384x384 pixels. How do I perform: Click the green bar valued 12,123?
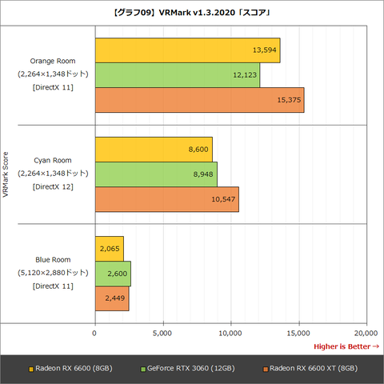[177, 75]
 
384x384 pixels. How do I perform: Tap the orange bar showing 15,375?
[199, 99]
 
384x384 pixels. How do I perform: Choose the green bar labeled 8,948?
[156, 174]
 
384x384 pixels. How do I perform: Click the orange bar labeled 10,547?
[166, 199]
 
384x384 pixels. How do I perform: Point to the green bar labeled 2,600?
[113, 274]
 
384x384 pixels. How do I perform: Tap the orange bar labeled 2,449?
[111, 298]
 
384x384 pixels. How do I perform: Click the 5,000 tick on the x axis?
[162, 330]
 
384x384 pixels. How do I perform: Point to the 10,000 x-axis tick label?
[230, 330]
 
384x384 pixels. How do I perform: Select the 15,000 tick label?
[298, 330]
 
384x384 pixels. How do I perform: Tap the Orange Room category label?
[51, 60]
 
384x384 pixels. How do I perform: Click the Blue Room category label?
[53, 259]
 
